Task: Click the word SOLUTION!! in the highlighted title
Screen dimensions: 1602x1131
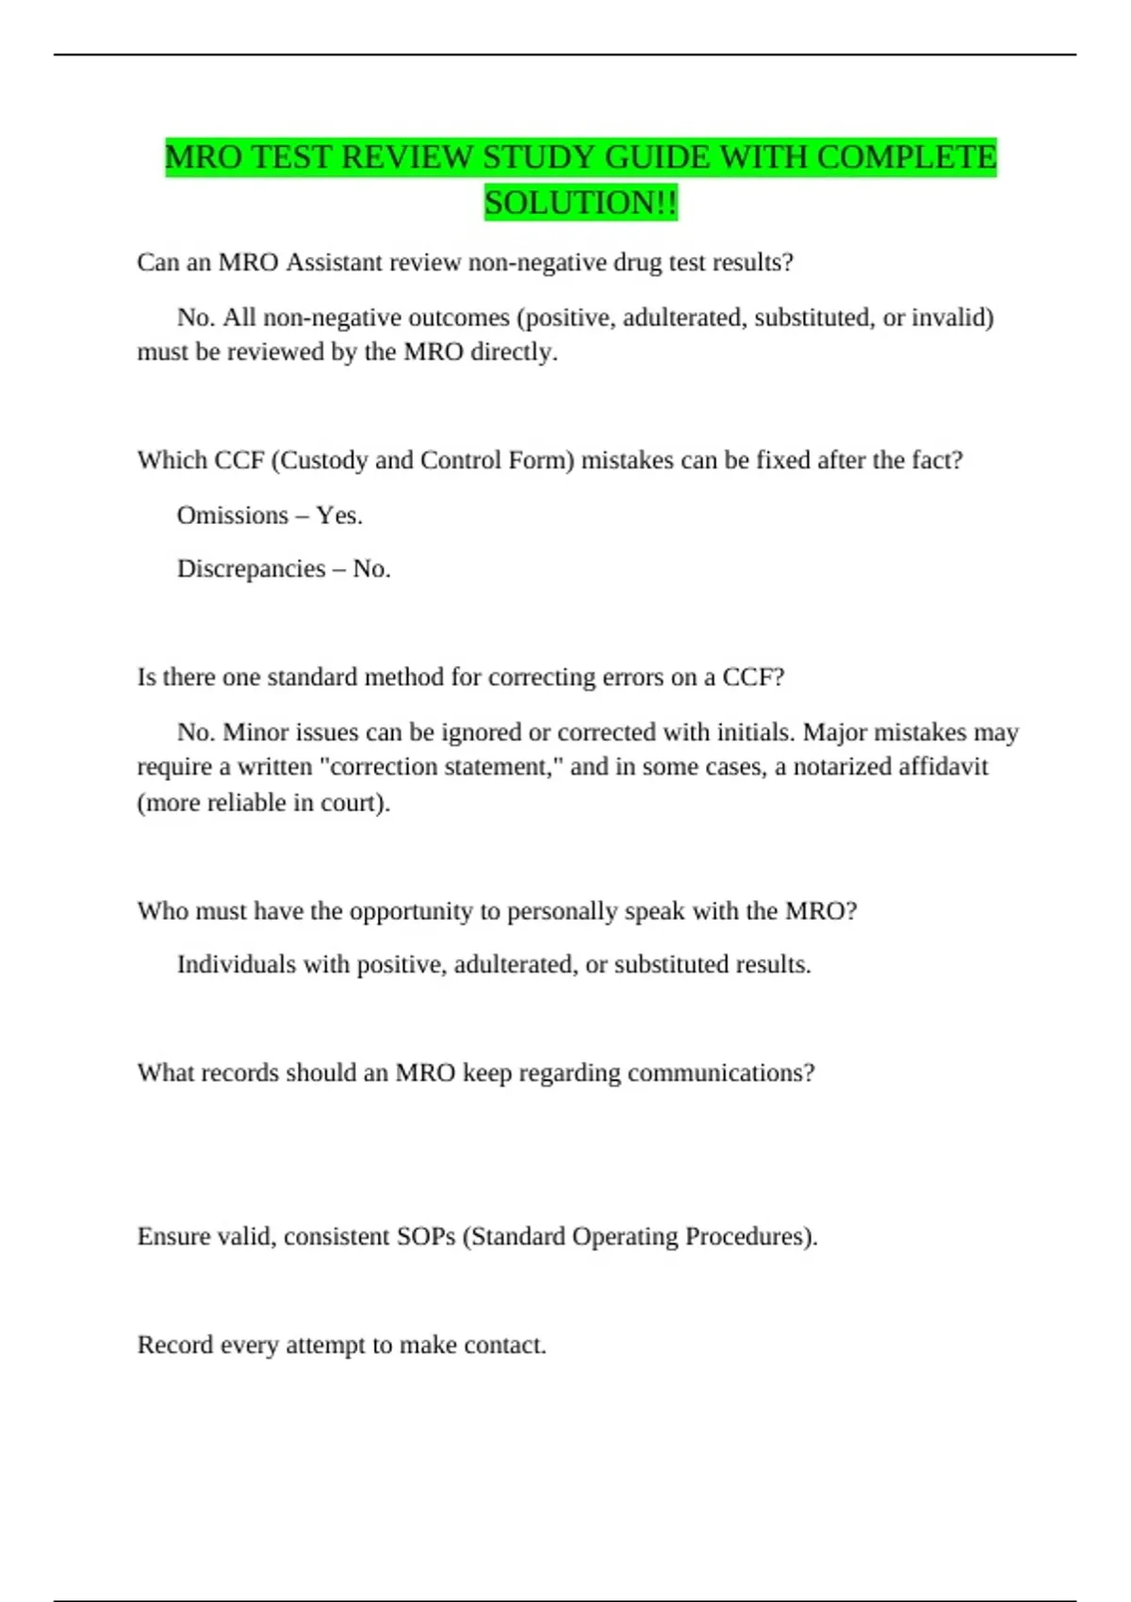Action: (x=581, y=203)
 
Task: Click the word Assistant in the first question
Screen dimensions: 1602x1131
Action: (x=334, y=262)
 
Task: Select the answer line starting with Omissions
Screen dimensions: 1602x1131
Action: (x=270, y=515)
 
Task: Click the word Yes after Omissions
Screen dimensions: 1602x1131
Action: (x=338, y=515)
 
